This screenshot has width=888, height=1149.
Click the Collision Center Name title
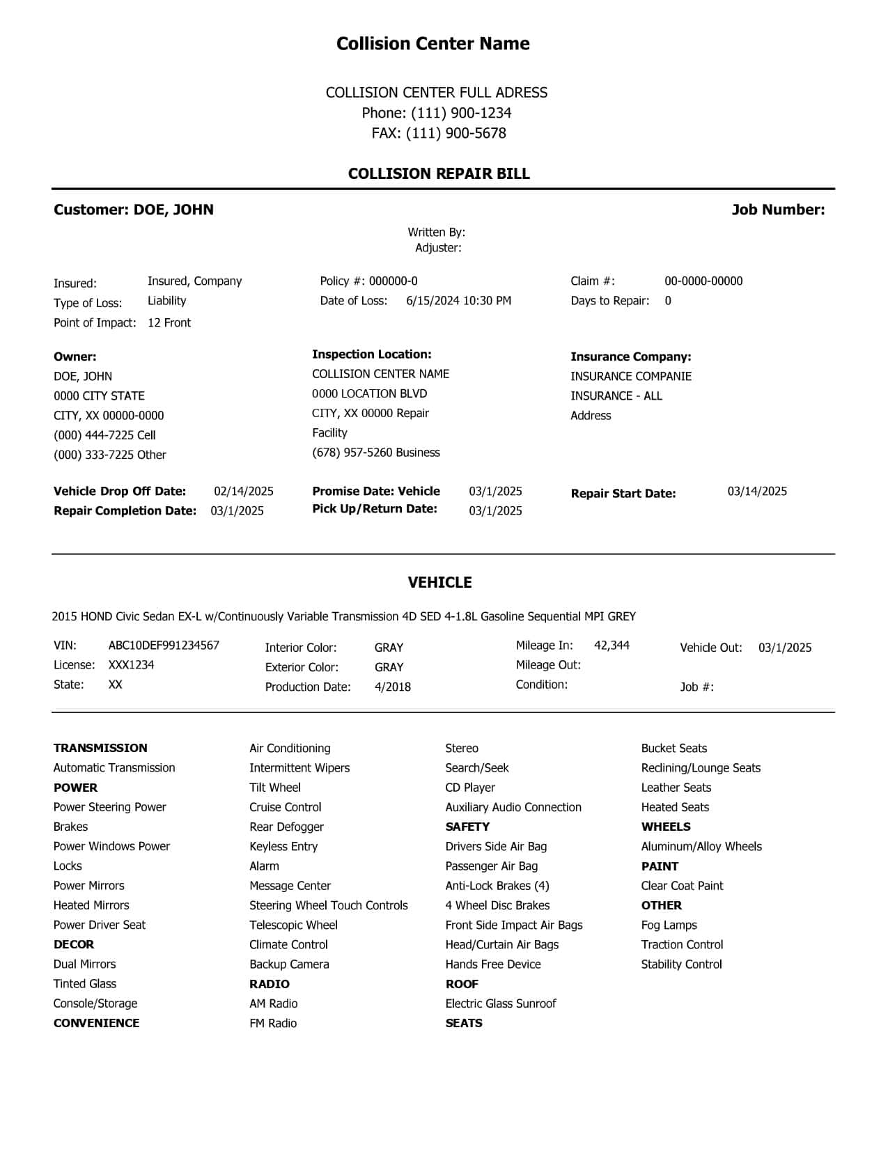433,44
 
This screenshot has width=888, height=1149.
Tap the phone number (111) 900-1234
461,113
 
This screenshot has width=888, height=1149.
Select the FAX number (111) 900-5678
456,133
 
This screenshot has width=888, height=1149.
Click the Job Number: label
778,210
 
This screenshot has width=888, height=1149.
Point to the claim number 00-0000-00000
703,281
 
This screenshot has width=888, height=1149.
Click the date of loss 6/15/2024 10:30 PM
458,301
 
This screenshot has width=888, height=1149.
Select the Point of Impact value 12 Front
169,323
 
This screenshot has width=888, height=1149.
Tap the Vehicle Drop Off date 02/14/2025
244,492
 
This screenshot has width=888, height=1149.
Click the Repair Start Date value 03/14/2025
757,492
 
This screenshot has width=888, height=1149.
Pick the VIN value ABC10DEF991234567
164,646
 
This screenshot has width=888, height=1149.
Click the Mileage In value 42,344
612,646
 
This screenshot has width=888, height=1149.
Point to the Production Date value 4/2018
393,687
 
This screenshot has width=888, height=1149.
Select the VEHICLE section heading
439,582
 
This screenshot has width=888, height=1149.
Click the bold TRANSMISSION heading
100,748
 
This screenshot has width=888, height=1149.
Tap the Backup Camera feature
289,964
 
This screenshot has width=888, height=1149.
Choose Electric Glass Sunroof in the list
501,1003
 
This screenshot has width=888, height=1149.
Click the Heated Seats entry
675,807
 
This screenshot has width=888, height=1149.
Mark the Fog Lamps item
669,925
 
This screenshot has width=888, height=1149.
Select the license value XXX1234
132,665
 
